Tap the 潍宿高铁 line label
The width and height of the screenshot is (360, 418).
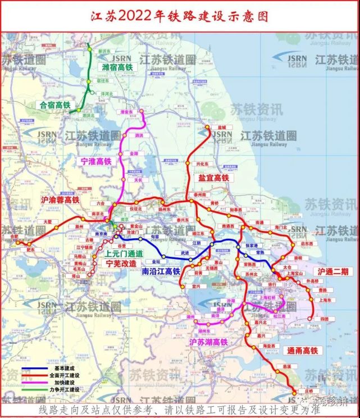pyautogui.click(x=117, y=67)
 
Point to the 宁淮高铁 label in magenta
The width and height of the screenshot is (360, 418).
pyautogui.click(x=97, y=161)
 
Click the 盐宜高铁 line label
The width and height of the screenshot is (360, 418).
pyautogui.click(x=214, y=178)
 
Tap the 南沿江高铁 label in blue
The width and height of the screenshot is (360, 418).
pyautogui.click(x=161, y=271)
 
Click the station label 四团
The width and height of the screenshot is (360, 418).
pyautogui.click(x=323, y=319)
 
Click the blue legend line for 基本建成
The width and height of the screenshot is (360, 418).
pyautogui.click(x=34, y=369)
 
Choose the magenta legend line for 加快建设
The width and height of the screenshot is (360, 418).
pyautogui.click(x=34, y=382)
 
